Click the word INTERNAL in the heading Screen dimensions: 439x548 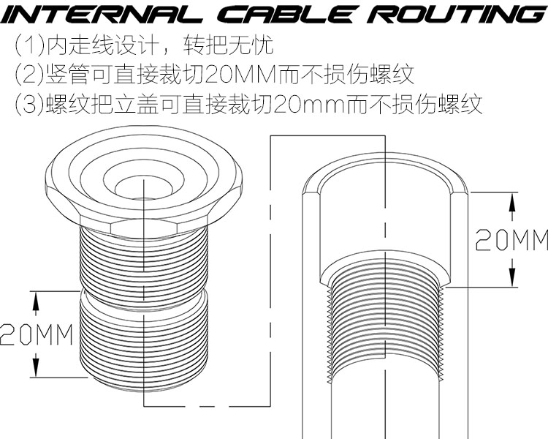click(95, 15)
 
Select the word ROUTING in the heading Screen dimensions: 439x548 click(452, 15)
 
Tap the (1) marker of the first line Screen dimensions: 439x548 click(28, 47)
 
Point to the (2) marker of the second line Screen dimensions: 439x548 click(28, 75)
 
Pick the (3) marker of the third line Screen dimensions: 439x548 click(28, 104)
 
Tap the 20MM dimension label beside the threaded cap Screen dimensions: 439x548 click(37, 334)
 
